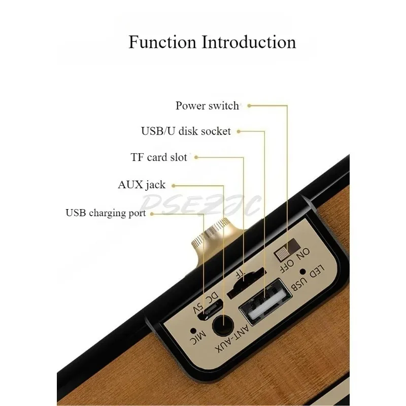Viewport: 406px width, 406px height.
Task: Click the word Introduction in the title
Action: tap(249, 42)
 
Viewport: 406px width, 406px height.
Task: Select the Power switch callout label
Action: tap(207, 106)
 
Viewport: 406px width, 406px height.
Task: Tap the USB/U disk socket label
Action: tap(186, 131)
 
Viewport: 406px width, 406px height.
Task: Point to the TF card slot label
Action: tap(159, 157)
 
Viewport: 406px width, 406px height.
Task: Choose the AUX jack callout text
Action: tap(142, 184)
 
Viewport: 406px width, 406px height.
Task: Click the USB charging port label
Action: tap(106, 213)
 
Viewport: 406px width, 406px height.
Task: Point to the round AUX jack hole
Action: tap(223, 325)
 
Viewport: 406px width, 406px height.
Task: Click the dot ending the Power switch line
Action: tap(250, 106)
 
